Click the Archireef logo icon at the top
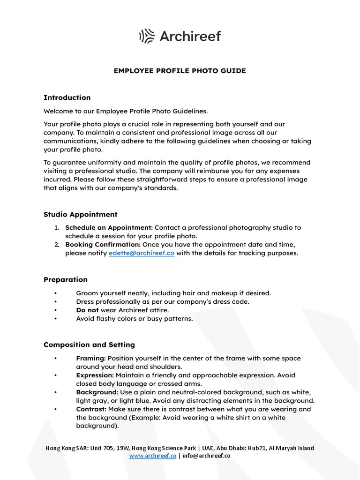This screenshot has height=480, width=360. click(x=147, y=36)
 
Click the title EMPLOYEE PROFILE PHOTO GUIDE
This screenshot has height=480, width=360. click(x=180, y=71)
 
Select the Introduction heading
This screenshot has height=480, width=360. click(x=67, y=97)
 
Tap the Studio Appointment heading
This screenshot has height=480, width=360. click(x=80, y=214)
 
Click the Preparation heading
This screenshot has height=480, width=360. click(x=66, y=279)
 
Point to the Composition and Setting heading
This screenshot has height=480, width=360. click(x=89, y=345)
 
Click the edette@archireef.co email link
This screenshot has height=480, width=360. click(x=142, y=253)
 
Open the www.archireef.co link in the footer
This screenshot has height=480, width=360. click(x=153, y=456)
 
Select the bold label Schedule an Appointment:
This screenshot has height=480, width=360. click(x=109, y=227)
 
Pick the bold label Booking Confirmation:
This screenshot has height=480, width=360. click(x=103, y=245)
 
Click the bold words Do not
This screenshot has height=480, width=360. click(x=87, y=310)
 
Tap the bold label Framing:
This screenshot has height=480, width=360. click(x=91, y=358)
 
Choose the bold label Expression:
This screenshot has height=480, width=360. click(x=95, y=375)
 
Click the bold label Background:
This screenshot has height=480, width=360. click(x=97, y=392)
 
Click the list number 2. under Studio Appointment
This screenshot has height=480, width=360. click(x=56, y=245)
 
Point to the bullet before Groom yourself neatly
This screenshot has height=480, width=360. click(x=55, y=293)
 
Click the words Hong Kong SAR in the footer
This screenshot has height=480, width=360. click(x=65, y=448)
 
